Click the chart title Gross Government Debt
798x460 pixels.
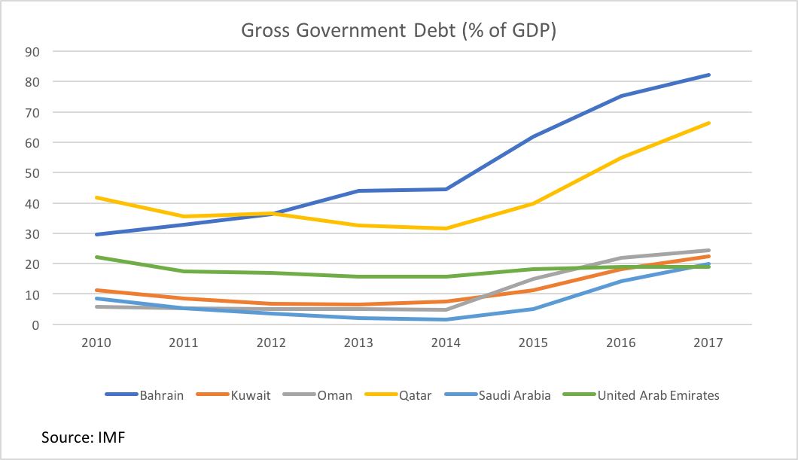click(x=398, y=31)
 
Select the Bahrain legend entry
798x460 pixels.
click(x=160, y=395)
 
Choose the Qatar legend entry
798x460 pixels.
click(x=415, y=395)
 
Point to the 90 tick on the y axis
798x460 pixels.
click(x=33, y=51)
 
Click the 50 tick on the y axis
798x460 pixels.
click(x=33, y=172)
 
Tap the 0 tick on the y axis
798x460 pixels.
click(x=36, y=324)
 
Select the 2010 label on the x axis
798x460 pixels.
click(x=96, y=343)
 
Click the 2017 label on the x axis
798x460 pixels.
click(x=708, y=343)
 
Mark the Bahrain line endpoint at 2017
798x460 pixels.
click(x=708, y=75)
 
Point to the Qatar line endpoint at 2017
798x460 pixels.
click(x=708, y=123)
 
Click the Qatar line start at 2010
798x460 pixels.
click(x=96, y=197)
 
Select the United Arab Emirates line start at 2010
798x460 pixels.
click(x=96, y=257)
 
